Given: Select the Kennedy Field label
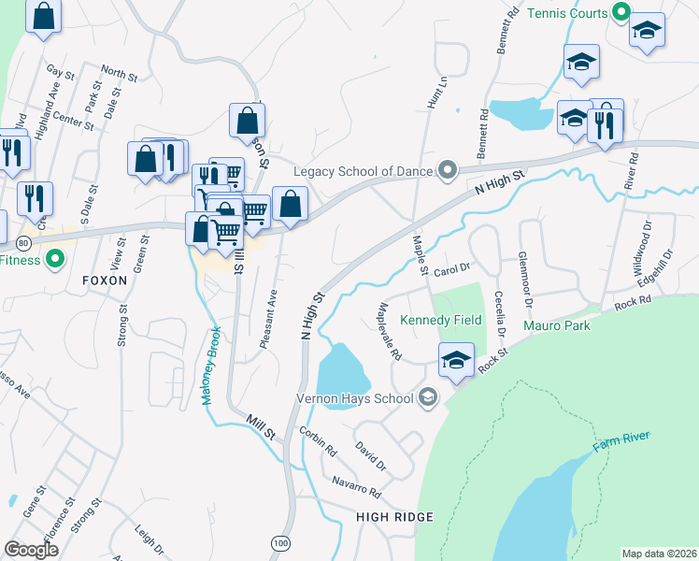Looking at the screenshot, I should (441, 321).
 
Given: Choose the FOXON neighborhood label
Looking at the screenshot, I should (104, 280).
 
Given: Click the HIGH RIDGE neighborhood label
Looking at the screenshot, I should (394, 517).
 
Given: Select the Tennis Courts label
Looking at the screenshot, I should (567, 13).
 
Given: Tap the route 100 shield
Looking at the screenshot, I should (280, 542).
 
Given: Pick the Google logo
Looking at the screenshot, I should (32, 549).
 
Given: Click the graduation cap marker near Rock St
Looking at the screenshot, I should (456, 360).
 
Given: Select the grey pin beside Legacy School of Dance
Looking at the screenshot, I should (448, 170).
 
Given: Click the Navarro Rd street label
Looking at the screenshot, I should (356, 486).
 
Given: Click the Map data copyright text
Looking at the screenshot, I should (660, 554).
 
